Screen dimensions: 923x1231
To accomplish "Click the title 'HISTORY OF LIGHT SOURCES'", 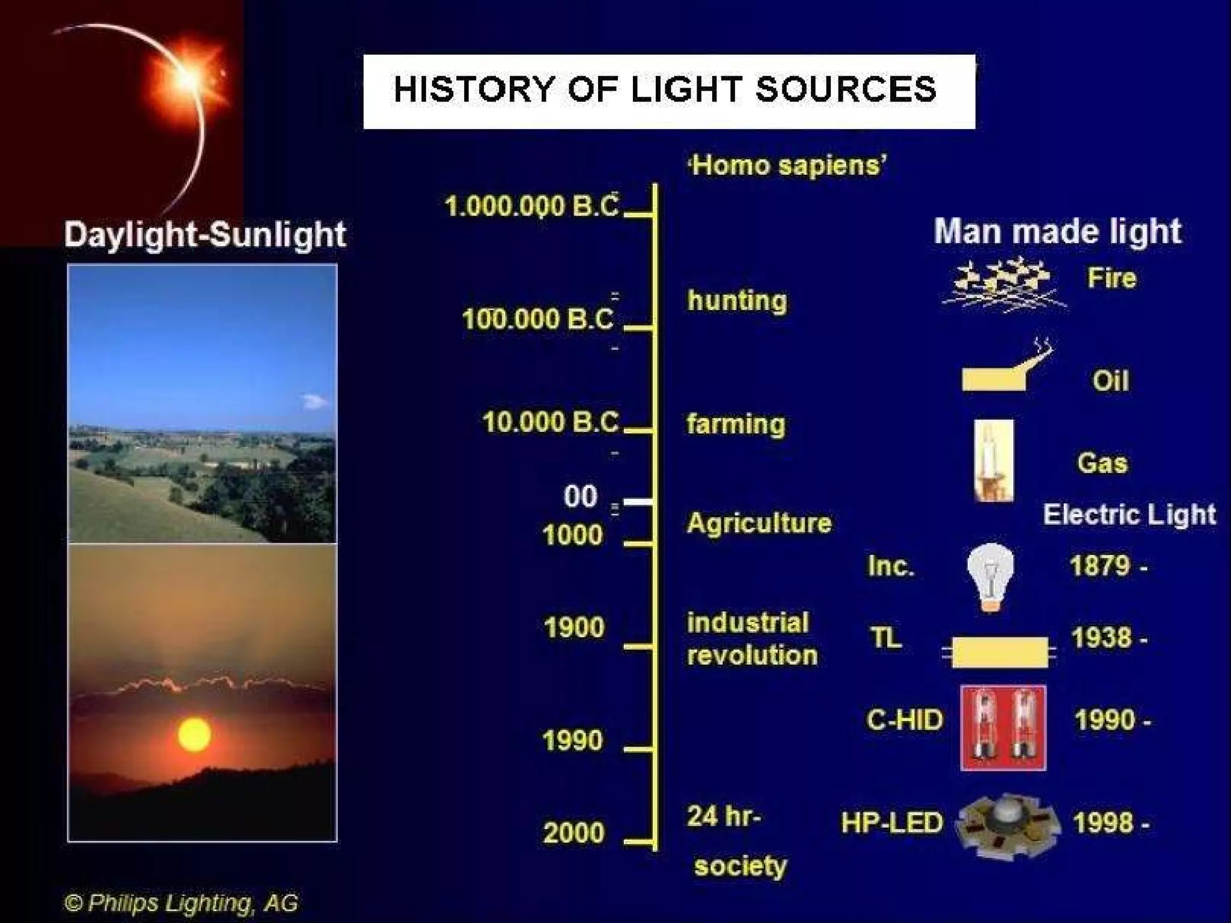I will pos(665,90).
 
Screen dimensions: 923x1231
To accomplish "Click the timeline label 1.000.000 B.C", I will pos(531,207).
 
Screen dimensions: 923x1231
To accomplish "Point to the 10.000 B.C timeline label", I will pos(550,422).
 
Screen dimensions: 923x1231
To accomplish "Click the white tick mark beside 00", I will pos(637,501).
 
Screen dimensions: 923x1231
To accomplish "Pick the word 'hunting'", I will pos(737,300).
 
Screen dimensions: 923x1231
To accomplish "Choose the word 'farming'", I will pos(736,424).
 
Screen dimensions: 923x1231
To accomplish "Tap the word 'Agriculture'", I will pos(759,523).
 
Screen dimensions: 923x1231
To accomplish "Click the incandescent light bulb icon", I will pos(990,576).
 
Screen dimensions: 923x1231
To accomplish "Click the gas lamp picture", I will pos(993,461).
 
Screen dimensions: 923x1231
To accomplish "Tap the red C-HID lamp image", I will pos(1003,728).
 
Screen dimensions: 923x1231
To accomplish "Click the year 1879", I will pos(1100,566).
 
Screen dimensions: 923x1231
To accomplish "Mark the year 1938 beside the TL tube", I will pos(1101,638).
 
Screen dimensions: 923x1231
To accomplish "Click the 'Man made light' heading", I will pos(1057,232).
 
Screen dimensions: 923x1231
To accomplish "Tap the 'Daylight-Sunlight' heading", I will pos(205,235).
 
